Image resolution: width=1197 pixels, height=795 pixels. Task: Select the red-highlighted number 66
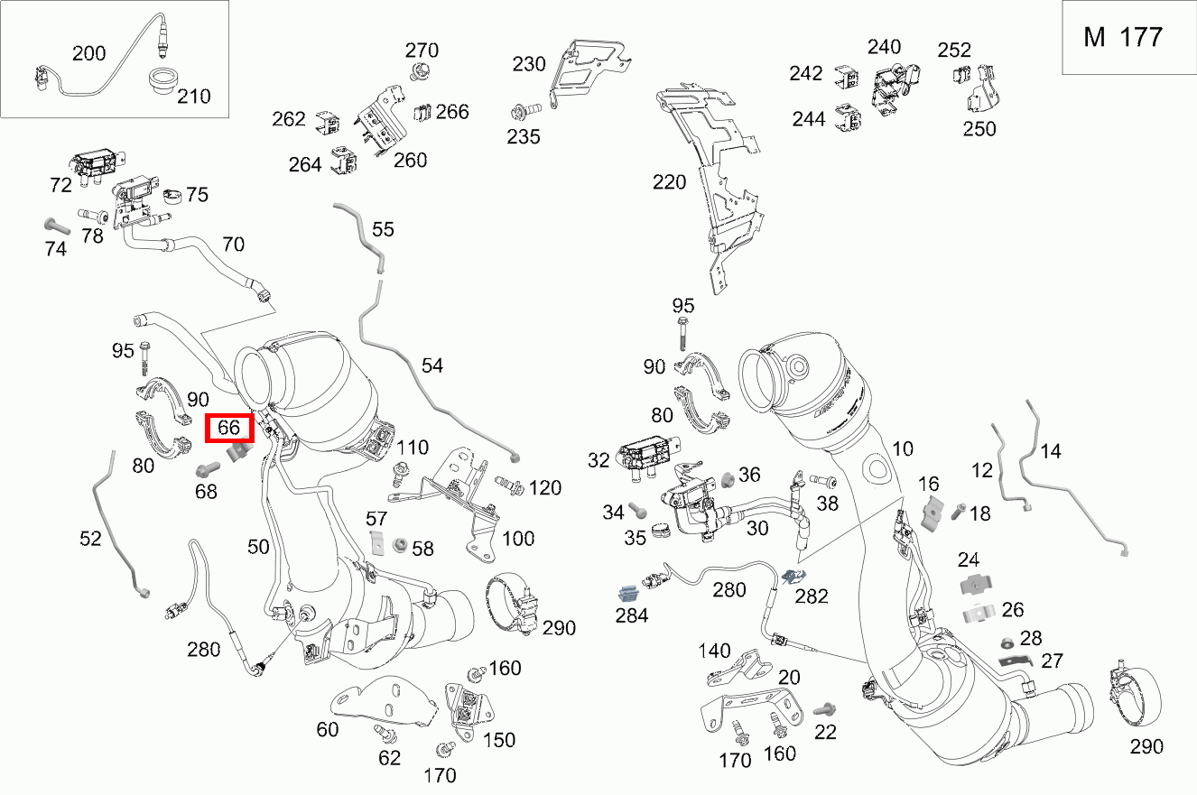click(x=230, y=428)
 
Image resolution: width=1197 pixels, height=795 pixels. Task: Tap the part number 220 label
click(x=669, y=182)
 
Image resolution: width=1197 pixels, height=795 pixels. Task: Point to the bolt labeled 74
click(x=56, y=226)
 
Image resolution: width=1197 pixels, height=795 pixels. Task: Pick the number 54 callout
click(x=432, y=365)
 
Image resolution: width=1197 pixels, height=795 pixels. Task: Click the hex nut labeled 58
click(x=397, y=545)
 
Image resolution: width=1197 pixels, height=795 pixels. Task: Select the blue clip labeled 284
click(x=629, y=593)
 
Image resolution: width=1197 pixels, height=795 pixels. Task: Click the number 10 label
click(x=903, y=448)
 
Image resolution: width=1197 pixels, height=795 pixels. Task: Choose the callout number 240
click(x=885, y=47)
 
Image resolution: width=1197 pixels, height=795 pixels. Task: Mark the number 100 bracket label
click(x=518, y=539)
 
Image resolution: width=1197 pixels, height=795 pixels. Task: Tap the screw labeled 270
click(x=419, y=70)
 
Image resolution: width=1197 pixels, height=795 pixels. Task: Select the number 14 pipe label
click(x=1051, y=452)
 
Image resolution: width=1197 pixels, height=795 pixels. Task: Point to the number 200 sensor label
click(x=88, y=53)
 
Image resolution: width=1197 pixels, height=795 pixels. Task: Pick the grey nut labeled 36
click(x=728, y=476)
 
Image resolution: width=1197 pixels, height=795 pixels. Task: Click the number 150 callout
click(x=498, y=740)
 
